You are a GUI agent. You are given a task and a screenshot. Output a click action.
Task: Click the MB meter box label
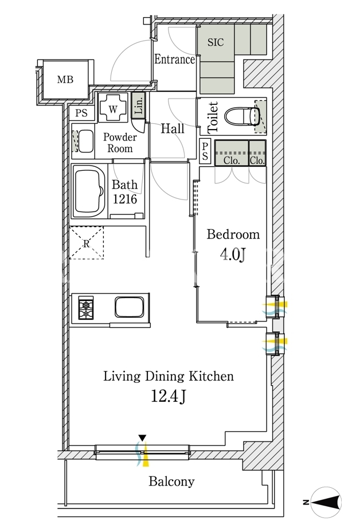65,80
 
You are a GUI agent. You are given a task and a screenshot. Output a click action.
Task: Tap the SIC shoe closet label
216,42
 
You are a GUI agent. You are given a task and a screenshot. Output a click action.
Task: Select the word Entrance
174,60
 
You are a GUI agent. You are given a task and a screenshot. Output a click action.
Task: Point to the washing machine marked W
113,108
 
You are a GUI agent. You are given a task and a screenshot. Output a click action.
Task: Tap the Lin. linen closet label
139,105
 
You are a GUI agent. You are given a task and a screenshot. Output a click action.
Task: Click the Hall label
173,128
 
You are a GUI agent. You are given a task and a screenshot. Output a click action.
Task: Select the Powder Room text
120,143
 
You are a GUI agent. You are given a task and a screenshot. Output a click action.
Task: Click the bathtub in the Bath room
89,191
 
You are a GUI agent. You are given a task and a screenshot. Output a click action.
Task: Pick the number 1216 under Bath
125,199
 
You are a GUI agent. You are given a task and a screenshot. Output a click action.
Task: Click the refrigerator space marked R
87,243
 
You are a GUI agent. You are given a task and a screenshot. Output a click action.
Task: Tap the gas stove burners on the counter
86,308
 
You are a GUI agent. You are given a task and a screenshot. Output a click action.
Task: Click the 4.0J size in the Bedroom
233,254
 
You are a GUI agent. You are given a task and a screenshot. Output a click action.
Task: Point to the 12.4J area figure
168,396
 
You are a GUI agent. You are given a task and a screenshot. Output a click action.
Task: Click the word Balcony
171,482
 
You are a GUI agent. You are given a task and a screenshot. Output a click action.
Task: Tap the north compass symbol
326,502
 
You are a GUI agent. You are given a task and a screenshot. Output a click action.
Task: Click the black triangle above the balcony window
143,437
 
